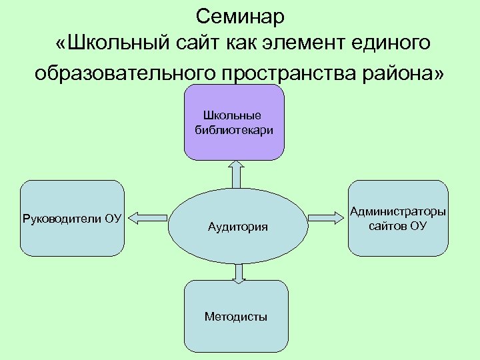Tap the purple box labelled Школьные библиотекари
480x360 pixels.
point(234,122)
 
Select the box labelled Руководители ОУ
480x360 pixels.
point(72,218)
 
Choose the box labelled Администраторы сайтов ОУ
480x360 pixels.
point(398,218)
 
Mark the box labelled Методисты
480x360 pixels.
point(236,317)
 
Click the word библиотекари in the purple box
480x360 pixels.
point(234,130)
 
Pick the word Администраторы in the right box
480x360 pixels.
point(398,212)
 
